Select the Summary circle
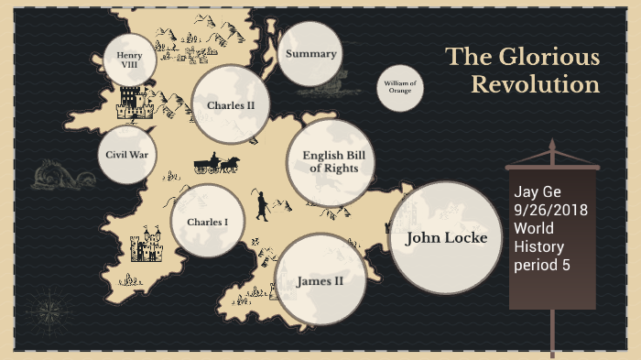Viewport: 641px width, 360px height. pos(310,54)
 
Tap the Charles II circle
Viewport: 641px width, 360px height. pos(230,105)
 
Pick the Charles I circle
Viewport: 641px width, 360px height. pos(207,222)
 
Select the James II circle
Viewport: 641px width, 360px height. pos(320,280)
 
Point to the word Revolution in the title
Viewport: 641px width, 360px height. pos(535,85)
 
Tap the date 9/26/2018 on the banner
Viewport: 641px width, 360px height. pos(549,210)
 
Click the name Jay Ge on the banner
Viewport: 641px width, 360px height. pos(536,192)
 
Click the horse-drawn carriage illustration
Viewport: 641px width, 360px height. pos(216,164)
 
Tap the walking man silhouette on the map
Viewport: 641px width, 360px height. pos(262,205)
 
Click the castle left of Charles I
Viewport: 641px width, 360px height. pos(146,245)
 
